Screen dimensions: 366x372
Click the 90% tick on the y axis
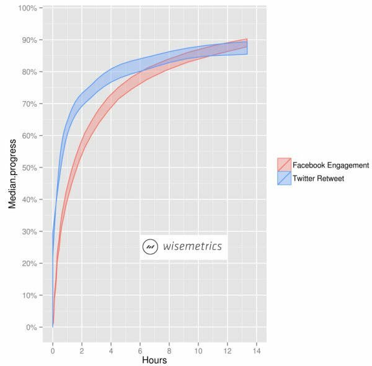(30, 40)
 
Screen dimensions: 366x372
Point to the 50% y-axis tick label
(30, 167)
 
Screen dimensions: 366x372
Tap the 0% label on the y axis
(32, 327)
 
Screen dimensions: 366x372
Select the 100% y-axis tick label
(29, 8)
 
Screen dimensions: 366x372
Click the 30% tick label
(30, 231)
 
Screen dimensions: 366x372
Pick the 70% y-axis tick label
(30, 104)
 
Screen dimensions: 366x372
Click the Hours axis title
(154, 360)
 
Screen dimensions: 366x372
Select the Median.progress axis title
(12, 167)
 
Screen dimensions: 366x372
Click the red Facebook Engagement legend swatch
(283, 164)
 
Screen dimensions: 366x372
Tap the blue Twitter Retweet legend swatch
(283, 178)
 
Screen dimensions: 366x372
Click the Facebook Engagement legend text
(330, 165)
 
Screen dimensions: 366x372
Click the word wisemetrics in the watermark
(192, 247)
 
